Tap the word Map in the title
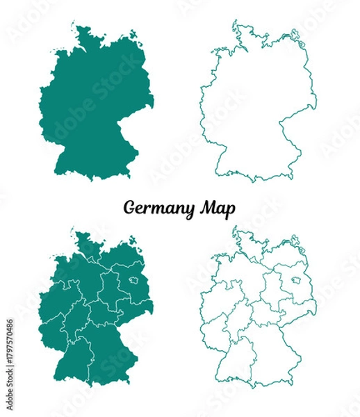pos(216,207)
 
